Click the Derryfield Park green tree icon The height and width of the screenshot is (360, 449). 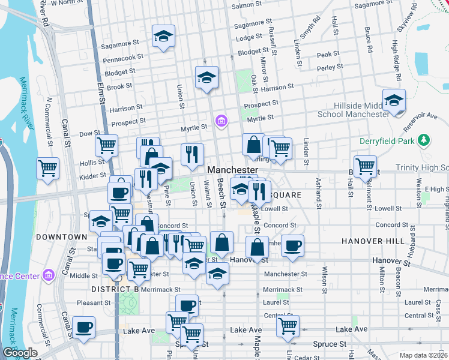pos(424,140)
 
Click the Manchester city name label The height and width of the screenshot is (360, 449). pos(233,170)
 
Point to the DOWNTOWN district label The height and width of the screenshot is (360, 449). pos(61,237)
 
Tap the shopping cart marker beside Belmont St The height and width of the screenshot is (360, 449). pos(365,166)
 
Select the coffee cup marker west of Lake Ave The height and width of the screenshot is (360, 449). pos(84,327)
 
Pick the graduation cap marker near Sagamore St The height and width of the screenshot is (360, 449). pos(163,36)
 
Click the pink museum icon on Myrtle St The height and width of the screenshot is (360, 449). pos(221,122)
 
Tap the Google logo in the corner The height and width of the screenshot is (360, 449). pos(19,353)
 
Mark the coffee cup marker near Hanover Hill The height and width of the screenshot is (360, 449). pos(292,245)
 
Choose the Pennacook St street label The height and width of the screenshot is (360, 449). pos(123,58)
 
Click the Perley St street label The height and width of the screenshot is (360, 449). pos(330,67)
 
